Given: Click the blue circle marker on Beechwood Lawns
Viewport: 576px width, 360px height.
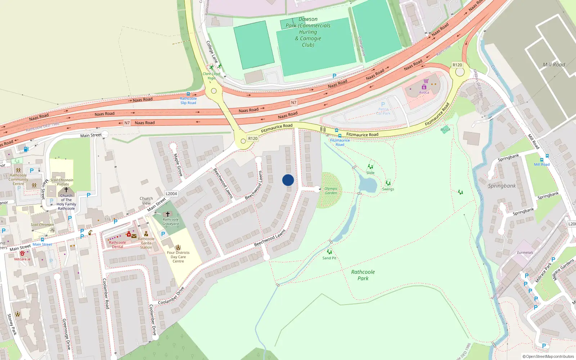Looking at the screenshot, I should coord(288,180).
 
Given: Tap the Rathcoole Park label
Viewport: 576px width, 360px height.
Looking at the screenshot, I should coord(363,275).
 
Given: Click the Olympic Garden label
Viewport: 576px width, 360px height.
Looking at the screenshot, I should coord(331,191).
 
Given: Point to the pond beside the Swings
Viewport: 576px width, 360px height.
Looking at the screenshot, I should coord(368,185).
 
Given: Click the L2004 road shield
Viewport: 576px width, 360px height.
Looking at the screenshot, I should coord(171,194).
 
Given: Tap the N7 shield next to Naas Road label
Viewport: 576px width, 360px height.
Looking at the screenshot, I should coord(127,123).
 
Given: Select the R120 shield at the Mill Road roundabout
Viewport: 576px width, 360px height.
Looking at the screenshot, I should coord(457,65).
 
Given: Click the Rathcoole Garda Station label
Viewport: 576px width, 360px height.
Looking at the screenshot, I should coord(146,243).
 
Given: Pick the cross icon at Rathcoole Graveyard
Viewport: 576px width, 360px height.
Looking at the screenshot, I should coord(167,214).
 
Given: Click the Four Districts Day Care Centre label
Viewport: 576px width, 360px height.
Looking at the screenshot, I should coord(178,257).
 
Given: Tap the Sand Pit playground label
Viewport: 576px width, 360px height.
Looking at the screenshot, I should coord(329,258).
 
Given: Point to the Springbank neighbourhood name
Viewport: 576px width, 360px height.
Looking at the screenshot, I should coord(502,186).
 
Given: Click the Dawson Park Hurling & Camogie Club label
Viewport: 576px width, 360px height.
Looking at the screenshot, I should coord(308,32).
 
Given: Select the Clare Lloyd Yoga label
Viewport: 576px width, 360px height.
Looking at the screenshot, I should coord(211,76).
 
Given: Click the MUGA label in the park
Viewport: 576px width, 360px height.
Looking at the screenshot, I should coord(445,130).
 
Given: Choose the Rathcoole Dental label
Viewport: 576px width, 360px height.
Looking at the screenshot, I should coord(117,245).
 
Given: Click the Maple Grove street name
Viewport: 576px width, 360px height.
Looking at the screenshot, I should coord(178,165).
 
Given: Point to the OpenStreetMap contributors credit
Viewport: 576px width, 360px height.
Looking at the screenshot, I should coord(548,356).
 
